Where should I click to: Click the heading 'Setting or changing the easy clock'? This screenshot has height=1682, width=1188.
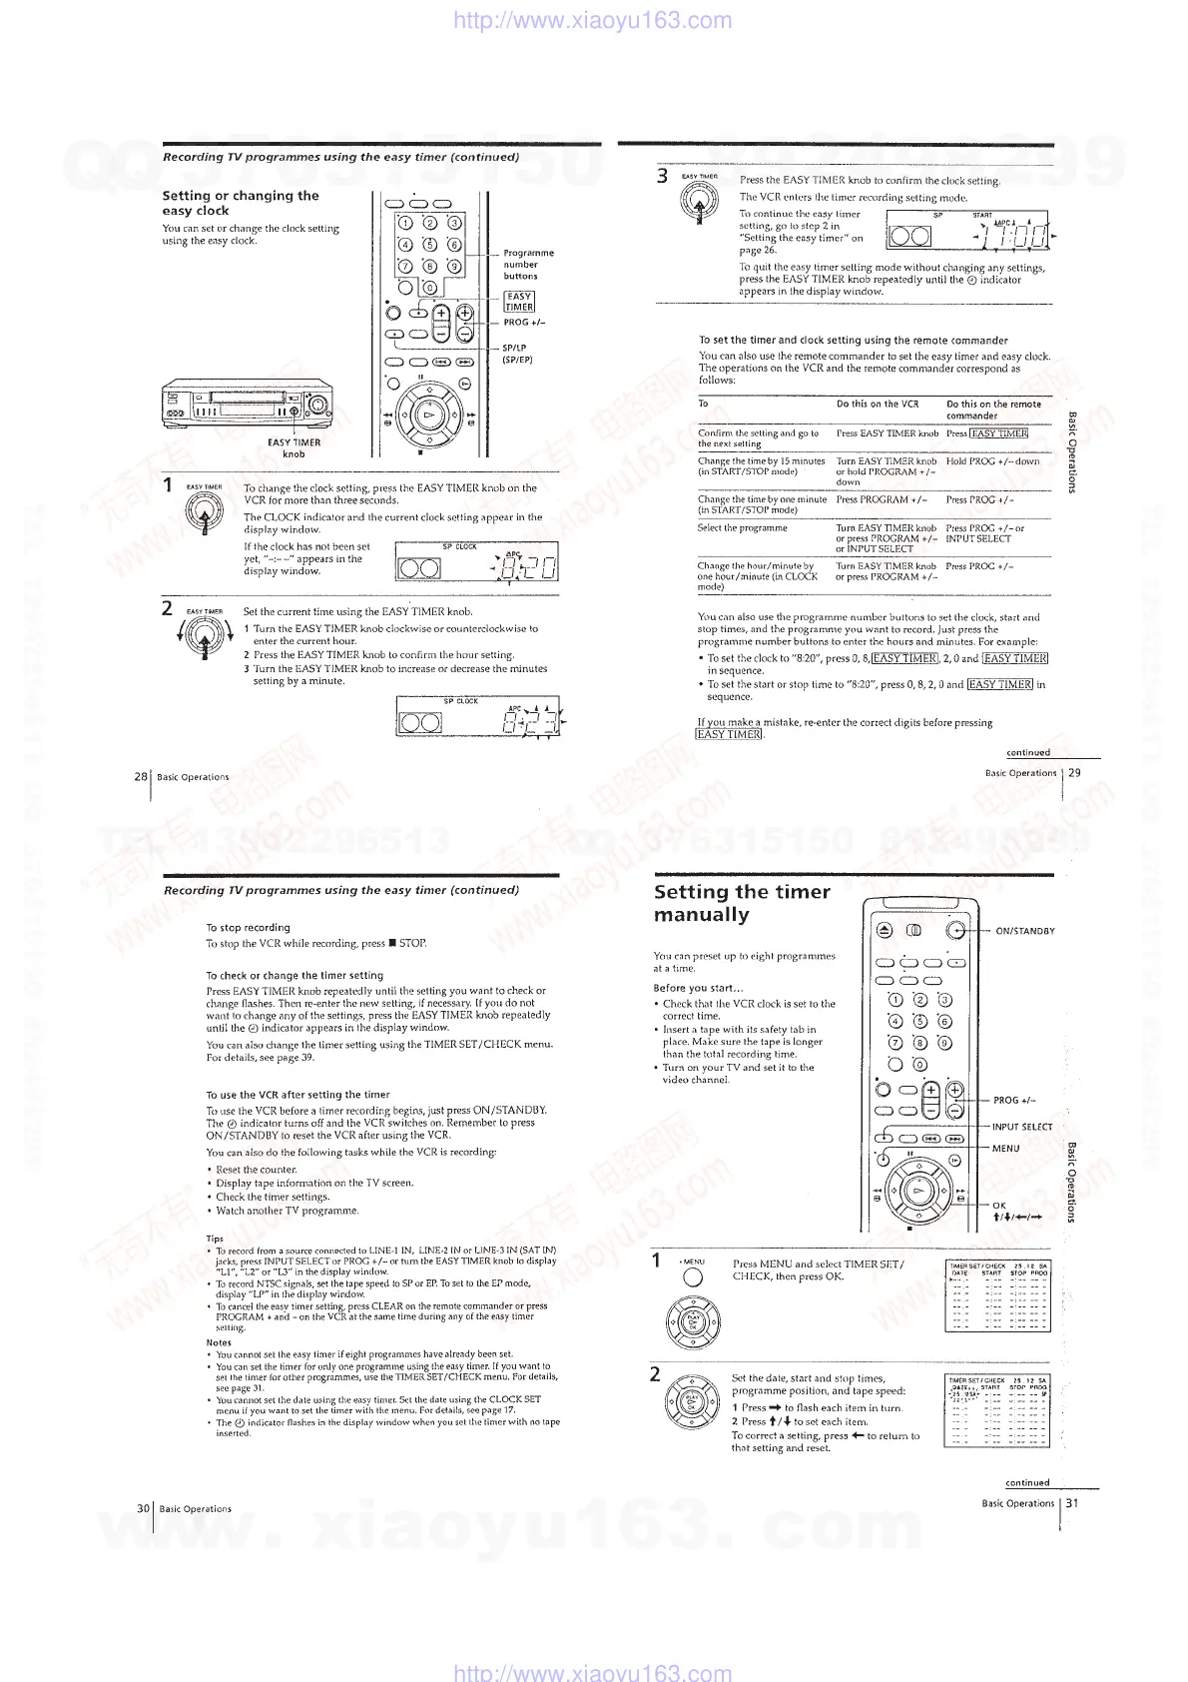coord(241,203)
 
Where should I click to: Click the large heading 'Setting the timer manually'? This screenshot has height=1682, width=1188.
coord(741,903)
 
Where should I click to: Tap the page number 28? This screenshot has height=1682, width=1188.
coord(141,776)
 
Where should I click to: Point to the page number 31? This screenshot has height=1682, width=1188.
coord(1072,1502)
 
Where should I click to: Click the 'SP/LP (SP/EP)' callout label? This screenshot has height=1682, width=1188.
coord(517,354)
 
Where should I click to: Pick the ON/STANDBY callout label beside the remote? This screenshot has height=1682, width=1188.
coord(1024,931)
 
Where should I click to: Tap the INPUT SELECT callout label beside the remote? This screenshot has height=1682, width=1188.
coord(1021,1127)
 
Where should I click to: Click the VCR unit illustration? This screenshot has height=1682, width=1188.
coord(247,404)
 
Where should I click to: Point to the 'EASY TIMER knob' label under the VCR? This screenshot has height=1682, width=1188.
coord(294,447)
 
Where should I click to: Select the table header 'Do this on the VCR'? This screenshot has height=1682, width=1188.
coord(877,405)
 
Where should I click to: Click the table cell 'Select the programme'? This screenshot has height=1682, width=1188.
coord(742,527)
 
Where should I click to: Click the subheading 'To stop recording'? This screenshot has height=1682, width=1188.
coord(248,927)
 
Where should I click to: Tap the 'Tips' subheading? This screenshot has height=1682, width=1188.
coord(215,1239)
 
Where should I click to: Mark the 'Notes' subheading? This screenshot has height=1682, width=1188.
coord(219,1342)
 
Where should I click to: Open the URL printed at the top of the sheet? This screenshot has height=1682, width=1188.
coord(592,20)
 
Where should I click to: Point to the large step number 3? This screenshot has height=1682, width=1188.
coord(661,177)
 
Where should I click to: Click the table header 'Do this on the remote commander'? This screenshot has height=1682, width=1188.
coord(993,410)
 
